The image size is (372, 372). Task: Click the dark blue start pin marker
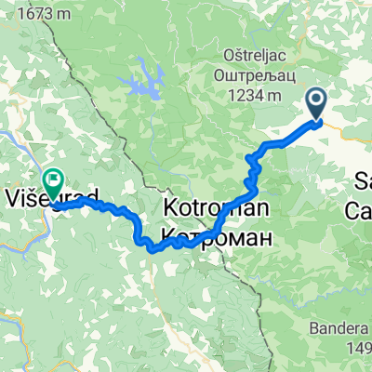316,102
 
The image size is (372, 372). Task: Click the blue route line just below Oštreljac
279,145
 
